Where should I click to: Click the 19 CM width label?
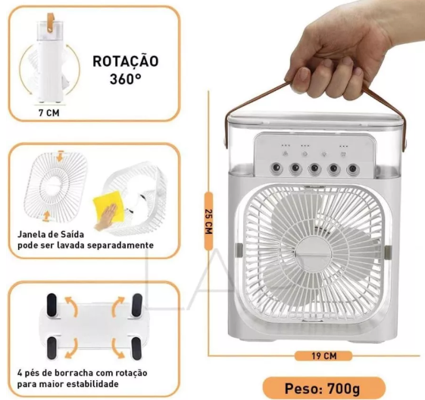coord(323,355)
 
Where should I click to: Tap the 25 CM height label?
coord(208,221)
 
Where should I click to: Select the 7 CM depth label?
coord(48,112)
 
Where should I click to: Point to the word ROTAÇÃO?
coord(126,61)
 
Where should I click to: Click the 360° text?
coord(125,79)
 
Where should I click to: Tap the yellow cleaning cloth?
coord(108,207)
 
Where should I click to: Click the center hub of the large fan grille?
coord(314,252)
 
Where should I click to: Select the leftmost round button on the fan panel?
coord(277,168)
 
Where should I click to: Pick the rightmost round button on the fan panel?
coord(352,169)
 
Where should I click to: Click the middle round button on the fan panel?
coord(314,168)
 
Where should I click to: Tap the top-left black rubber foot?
coord(52,305)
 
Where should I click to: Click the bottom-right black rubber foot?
coord(136,348)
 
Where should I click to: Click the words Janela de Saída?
coord(51,234)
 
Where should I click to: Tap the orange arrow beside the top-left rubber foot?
coord(71,306)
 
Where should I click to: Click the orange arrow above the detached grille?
coord(60,156)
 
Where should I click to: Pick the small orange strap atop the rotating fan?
coord(51,22)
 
